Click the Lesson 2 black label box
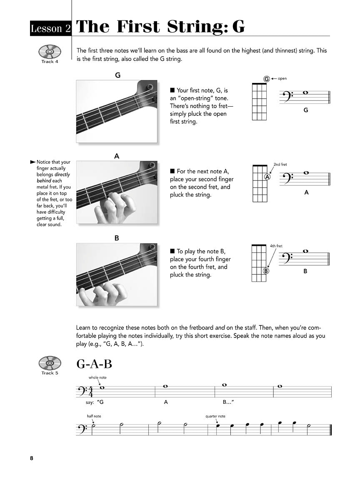(51, 28)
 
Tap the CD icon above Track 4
(50, 52)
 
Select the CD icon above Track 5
(50, 363)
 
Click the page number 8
(32, 459)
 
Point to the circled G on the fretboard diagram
(266, 79)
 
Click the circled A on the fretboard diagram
(267, 177)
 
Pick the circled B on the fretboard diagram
(266, 271)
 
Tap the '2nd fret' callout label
(280, 165)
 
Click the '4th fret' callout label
(276, 246)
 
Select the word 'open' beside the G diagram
(282, 79)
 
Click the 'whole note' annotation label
(97, 377)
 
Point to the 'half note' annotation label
(94, 416)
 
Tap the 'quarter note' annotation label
(215, 416)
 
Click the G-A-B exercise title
(94, 364)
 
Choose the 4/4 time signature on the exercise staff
(90, 392)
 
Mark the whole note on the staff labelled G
(305, 93)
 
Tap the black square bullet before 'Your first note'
(172, 90)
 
